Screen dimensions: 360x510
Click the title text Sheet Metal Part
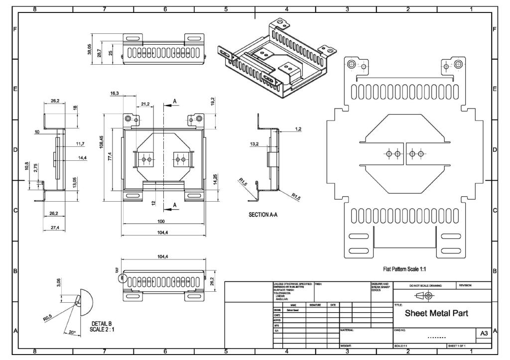pyautogui.click(x=436, y=314)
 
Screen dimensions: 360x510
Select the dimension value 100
pyautogui.click(x=160, y=221)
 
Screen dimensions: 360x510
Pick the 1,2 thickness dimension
pyautogui.click(x=298, y=129)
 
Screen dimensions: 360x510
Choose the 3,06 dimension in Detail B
pyautogui.click(x=58, y=284)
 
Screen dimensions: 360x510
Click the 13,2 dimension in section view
pyautogui.click(x=254, y=144)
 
